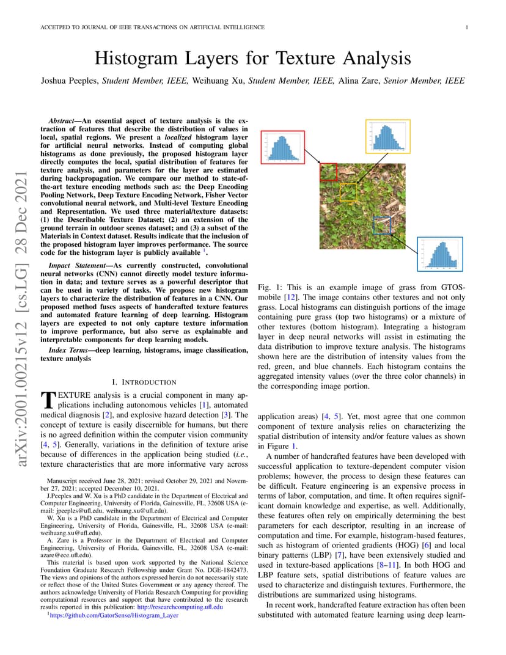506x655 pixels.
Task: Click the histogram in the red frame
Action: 282,147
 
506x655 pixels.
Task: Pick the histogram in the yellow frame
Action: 387,136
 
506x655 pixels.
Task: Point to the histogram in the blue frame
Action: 440,254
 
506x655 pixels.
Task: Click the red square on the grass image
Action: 329,172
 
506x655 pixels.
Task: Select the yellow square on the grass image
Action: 348,192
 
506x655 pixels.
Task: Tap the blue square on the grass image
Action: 381,225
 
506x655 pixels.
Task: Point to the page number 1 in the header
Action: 466,27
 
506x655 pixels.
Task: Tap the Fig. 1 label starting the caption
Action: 269,287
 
